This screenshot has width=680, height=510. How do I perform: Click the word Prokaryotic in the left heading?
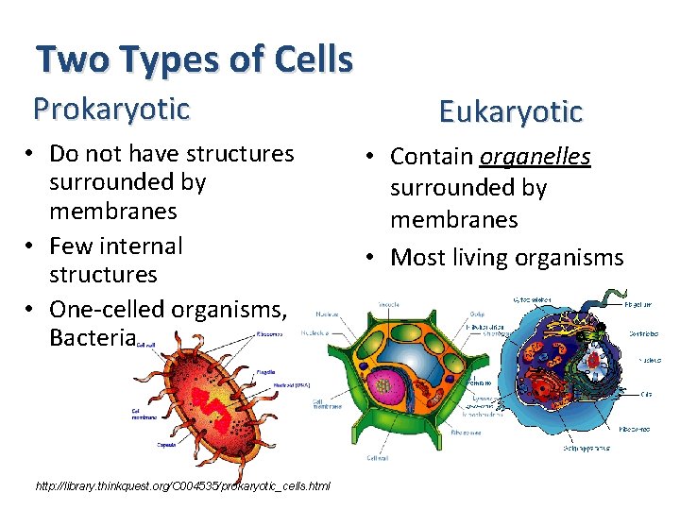111,109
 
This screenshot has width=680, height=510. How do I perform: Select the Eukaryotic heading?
510,112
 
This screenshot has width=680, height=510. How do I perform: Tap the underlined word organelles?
535,156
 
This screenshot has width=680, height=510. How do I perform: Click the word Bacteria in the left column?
93,337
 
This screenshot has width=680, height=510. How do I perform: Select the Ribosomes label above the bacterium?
270,333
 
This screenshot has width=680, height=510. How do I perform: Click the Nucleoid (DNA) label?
277,384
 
